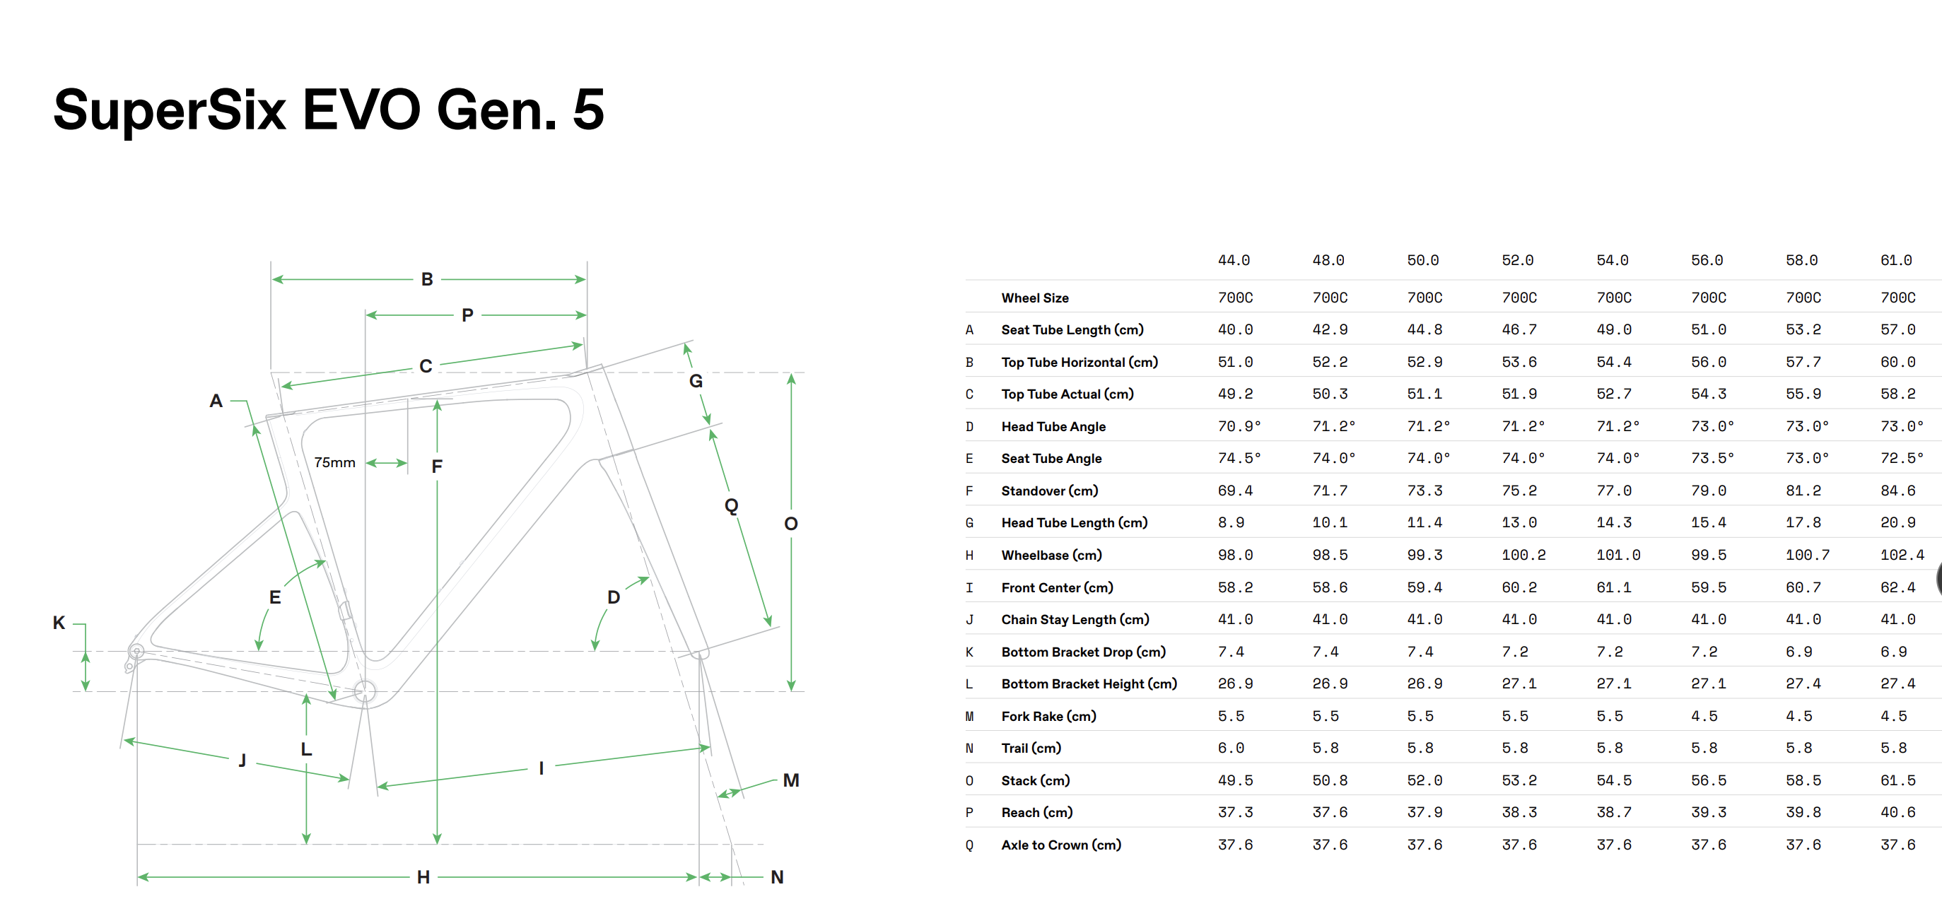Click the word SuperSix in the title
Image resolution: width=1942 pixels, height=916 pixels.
170,110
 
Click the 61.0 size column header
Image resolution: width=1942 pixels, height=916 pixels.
1895,260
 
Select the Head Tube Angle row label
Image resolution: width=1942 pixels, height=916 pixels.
1053,427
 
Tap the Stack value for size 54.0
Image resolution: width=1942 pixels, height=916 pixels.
1613,780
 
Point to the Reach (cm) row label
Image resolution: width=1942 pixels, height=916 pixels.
1036,813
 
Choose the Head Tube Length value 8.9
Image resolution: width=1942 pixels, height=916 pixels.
1230,522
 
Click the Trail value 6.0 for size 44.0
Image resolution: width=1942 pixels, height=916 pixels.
1230,748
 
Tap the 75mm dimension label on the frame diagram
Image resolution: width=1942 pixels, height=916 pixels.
334,462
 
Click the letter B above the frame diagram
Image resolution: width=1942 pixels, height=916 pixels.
427,280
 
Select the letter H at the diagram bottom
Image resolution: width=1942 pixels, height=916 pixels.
423,878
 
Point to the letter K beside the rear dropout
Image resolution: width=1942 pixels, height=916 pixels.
59,623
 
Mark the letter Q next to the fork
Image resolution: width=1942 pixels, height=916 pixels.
730,505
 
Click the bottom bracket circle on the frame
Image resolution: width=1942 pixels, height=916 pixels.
365,691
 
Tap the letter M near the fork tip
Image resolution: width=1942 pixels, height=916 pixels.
791,780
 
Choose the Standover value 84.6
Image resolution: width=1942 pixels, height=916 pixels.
1897,491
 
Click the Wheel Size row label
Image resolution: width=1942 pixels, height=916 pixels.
1034,298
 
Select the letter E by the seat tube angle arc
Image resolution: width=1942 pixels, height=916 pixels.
275,597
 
